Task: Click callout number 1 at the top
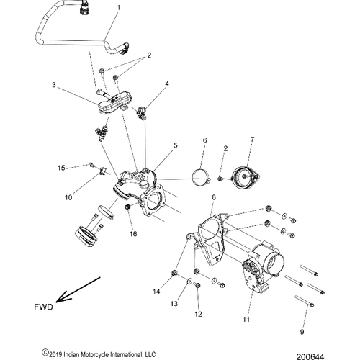[x=119, y=8]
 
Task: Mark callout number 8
[x=213, y=197]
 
